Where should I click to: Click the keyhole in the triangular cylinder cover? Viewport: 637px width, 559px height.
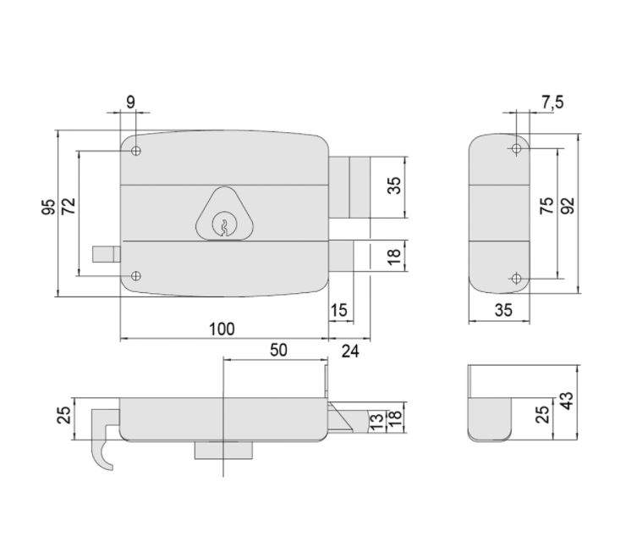(224, 224)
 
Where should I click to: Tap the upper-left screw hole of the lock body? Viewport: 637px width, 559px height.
(136, 152)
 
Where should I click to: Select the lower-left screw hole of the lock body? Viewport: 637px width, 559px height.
(136, 276)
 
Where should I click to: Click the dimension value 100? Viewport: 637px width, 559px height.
(222, 329)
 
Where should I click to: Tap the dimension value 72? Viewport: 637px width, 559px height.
(69, 207)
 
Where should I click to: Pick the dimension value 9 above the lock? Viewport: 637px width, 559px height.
(129, 102)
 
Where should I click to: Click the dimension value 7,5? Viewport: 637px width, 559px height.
(552, 102)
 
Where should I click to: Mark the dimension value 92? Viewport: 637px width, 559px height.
(568, 206)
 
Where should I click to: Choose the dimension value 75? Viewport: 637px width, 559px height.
(547, 206)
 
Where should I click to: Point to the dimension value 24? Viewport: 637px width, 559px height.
(349, 350)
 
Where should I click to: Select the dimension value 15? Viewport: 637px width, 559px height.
(338, 310)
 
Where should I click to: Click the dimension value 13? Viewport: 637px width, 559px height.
(374, 419)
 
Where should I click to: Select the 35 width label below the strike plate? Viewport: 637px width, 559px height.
(503, 310)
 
